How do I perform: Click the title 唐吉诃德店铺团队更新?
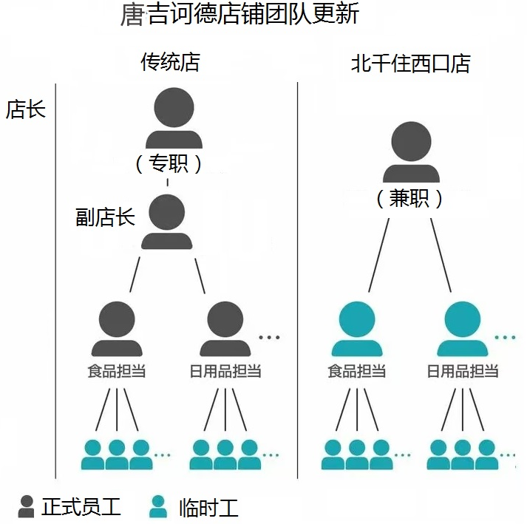[239, 16]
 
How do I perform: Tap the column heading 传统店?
[170, 62]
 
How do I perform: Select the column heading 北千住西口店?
[410, 64]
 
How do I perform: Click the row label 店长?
[26, 109]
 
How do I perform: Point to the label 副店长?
[105, 217]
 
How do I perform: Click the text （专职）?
[169, 163]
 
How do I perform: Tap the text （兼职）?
[409, 198]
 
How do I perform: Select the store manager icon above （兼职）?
[411, 152]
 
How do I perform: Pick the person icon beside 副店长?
[167, 222]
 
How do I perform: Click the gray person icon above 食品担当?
[117, 330]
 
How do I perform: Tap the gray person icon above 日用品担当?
[225, 330]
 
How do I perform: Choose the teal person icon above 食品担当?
[357, 330]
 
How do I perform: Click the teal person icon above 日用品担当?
[463, 330]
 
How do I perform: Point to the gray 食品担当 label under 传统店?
[117, 371]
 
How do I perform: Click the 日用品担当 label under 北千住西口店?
[463, 371]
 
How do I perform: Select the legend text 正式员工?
[81, 507]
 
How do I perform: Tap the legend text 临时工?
[209, 508]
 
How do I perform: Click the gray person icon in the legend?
[27, 506]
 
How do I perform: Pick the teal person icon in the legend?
[158, 506]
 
